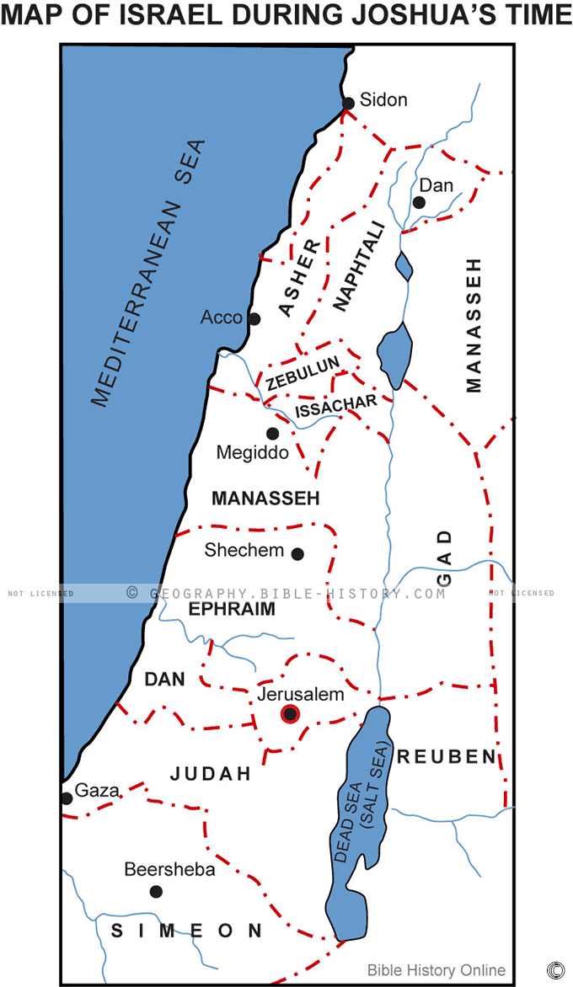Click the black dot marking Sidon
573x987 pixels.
348,104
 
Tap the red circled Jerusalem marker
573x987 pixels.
291,715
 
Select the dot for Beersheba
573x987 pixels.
155,891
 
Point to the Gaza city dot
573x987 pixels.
66,798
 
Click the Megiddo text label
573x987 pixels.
252,453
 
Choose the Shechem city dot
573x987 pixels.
297,553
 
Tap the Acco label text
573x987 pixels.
221,317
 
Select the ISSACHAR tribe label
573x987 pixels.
335,406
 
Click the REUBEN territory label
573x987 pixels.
447,756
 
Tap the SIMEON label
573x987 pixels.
187,930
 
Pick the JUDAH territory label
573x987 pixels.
211,773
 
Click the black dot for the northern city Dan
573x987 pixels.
419,202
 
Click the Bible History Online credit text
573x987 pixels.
436,970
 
